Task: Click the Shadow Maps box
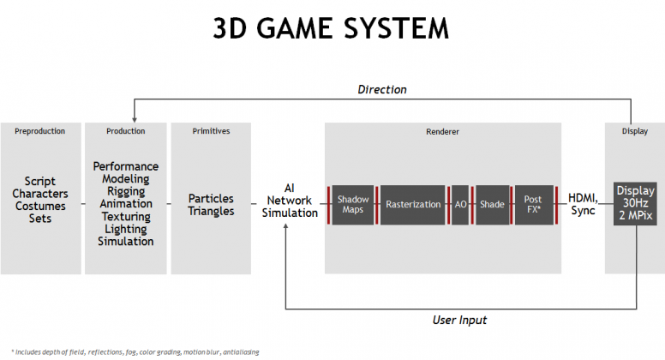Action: (x=353, y=204)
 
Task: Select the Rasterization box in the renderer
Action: (x=413, y=204)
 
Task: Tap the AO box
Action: (x=460, y=204)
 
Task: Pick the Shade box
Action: (x=493, y=204)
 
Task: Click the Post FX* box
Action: (x=534, y=204)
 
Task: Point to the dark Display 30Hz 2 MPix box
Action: (x=635, y=203)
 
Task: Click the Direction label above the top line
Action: (x=381, y=89)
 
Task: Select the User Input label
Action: (x=459, y=320)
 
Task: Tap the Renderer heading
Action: (x=442, y=132)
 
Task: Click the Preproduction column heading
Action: (x=40, y=131)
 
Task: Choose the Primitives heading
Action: (x=211, y=131)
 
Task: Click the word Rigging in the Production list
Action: (x=126, y=192)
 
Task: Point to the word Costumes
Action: (x=40, y=206)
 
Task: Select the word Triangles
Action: (x=211, y=211)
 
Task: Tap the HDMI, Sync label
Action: (x=583, y=204)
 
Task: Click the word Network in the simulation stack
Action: (x=290, y=200)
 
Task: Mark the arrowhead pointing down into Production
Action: (x=135, y=120)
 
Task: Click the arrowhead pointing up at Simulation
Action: (x=286, y=227)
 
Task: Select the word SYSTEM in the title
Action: (x=396, y=29)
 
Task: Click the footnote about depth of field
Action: (x=135, y=352)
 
